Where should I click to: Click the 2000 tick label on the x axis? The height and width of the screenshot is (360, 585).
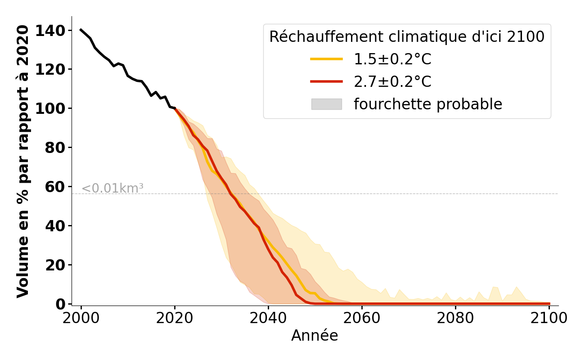[x=81, y=319]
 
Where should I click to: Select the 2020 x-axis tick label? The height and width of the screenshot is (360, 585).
[x=175, y=319]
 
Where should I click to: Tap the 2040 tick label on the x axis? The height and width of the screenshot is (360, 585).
[x=268, y=319]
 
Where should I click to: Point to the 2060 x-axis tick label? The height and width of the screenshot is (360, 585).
[x=362, y=319]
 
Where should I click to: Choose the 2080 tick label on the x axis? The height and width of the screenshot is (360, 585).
[x=455, y=319]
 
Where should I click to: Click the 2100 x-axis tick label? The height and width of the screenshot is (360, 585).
[x=549, y=319]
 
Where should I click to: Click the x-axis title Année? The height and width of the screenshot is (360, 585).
[x=315, y=336]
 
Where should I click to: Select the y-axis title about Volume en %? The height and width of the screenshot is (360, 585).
[x=23, y=161]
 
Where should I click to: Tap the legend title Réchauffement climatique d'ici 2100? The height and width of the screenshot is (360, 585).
[x=407, y=37]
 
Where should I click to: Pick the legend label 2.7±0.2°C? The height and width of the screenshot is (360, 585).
[x=392, y=82]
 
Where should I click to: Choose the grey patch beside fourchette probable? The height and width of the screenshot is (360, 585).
[x=326, y=104]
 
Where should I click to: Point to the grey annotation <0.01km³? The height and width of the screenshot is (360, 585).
[x=112, y=189]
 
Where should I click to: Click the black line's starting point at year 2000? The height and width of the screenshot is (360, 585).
[x=81, y=30]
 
